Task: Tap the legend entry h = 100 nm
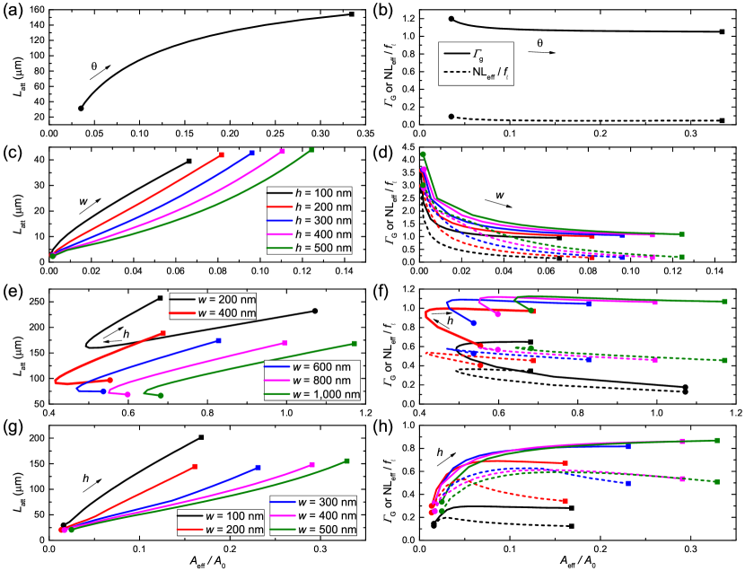[x=310, y=193]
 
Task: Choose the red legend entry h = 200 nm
[x=310, y=206]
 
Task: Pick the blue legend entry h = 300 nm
[x=310, y=220]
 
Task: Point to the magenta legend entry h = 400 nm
[x=310, y=233]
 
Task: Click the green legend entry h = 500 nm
[x=310, y=247]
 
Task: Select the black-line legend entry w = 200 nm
[x=213, y=300]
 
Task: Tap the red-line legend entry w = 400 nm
[x=213, y=313]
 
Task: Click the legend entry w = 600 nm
[x=311, y=367]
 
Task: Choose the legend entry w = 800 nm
[x=311, y=381]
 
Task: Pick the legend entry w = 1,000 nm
[x=311, y=394]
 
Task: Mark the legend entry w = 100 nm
[x=221, y=516]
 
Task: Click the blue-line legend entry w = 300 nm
[x=313, y=502]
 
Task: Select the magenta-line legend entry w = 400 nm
[x=313, y=516]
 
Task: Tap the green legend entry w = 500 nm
[x=313, y=530]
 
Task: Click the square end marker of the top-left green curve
[x=311, y=150]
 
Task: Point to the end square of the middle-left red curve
[x=163, y=333]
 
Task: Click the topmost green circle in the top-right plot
[x=423, y=154]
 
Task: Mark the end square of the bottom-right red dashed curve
[x=566, y=501]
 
